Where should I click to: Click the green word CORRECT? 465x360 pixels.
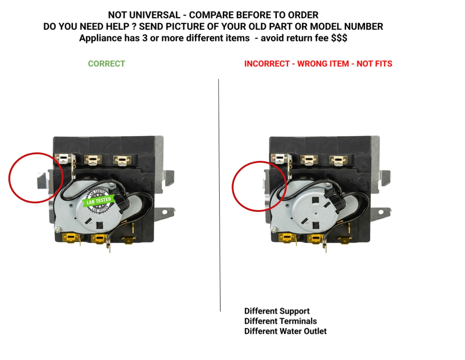[x=106, y=64]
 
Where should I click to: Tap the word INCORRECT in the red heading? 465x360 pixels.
[x=267, y=64]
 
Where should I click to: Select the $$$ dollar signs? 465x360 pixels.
[x=339, y=38]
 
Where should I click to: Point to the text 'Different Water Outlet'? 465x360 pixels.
[x=285, y=331]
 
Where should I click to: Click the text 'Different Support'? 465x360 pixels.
[x=277, y=311]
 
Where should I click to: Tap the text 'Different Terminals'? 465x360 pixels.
[x=281, y=321]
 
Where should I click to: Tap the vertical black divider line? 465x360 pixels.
[x=219, y=195]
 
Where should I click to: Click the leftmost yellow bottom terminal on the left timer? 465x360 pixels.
[x=70, y=238]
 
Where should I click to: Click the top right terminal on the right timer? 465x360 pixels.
[x=338, y=160]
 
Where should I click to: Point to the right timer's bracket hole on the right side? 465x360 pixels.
[x=381, y=212]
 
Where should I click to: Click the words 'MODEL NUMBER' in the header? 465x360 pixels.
[x=346, y=26]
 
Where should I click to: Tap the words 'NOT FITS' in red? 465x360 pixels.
[x=374, y=64]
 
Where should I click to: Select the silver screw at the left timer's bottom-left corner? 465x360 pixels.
[x=58, y=229]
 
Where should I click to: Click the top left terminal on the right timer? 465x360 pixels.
[x=280, y=159]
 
